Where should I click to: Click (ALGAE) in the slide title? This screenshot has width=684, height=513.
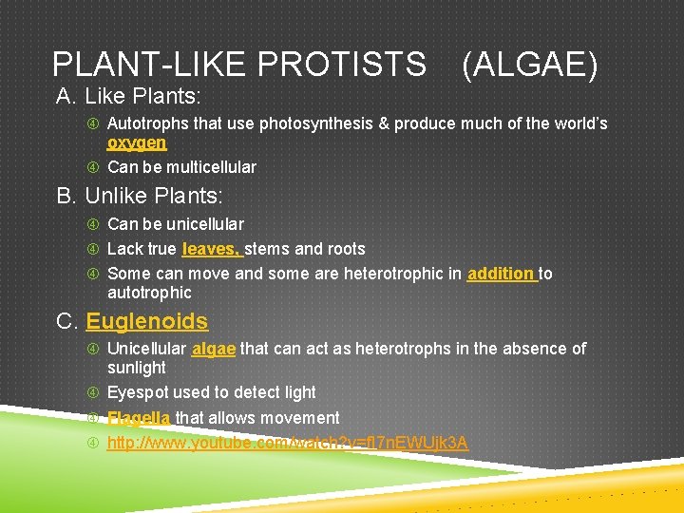530,65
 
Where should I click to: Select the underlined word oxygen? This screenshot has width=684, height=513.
137,142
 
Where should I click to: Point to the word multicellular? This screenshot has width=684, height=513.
211,167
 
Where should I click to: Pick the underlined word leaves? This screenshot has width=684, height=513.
210,249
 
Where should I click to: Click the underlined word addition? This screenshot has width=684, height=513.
501,274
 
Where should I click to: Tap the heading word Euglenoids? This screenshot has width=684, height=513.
146,321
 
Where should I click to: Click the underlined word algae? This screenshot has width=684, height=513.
213,349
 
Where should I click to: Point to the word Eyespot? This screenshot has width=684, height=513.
137,392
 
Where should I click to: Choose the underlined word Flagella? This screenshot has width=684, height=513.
139,418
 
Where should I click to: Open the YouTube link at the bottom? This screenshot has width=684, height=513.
287,443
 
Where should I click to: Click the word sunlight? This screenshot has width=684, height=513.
136,368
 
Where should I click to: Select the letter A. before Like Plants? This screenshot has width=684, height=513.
66,96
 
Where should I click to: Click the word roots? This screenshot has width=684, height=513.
345,249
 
